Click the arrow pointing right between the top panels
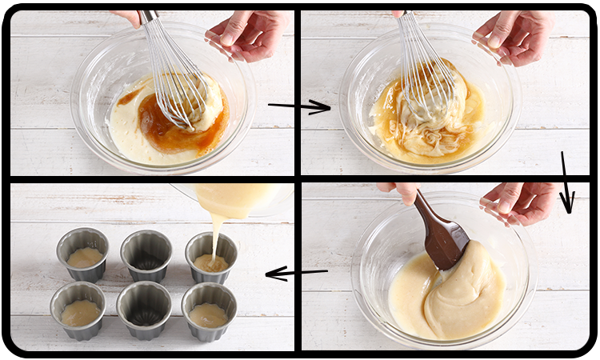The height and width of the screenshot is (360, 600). tap(300, 106)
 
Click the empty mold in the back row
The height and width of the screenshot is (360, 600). tap(146, 255)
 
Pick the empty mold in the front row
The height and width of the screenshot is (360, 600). tap(144, 309)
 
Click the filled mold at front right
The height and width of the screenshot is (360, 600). tap(209, 310)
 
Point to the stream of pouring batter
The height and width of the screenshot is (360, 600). tap(216, 232)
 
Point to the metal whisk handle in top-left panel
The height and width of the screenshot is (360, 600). tap(149, 17)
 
